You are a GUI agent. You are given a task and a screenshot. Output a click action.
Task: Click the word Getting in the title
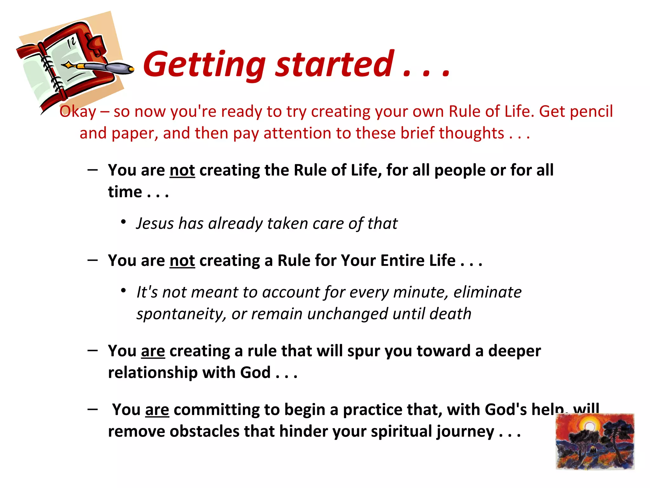pos(204,65)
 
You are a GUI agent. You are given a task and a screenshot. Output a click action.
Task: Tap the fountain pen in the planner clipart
pos(102,67)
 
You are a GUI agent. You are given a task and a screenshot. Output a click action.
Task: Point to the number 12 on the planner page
pos(72,42)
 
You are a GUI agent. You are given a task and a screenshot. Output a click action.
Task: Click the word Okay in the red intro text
pos(78,112)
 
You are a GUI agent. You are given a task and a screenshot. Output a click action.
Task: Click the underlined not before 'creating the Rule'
pos(182,170)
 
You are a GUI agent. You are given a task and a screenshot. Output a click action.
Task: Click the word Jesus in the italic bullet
pos(155,223)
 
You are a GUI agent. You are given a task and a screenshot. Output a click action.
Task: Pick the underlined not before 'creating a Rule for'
pos(182,261)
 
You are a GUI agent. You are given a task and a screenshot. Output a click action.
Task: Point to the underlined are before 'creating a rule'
pos(153,351)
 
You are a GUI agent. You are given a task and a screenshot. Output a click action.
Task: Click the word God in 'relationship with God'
pos(255,373)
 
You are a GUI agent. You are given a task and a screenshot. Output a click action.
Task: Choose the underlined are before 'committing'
pos(157,410)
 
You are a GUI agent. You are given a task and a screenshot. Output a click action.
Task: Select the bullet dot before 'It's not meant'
pos(124,290)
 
